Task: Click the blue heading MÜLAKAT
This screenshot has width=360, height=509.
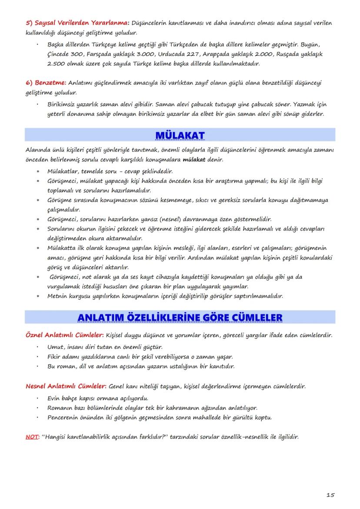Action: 180,136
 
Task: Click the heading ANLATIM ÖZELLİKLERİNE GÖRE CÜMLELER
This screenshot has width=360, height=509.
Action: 180,318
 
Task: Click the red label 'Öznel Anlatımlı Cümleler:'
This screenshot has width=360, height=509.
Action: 65,336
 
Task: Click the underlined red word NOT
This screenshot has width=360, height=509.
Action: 32,437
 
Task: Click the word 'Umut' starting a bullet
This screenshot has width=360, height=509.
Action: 55,347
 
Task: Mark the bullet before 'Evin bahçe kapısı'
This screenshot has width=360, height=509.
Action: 38,398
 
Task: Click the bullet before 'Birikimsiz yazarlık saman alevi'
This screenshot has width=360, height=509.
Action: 38,104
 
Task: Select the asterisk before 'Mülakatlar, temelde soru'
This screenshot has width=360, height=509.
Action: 38,171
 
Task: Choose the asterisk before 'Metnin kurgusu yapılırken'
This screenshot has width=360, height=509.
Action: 38,296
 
